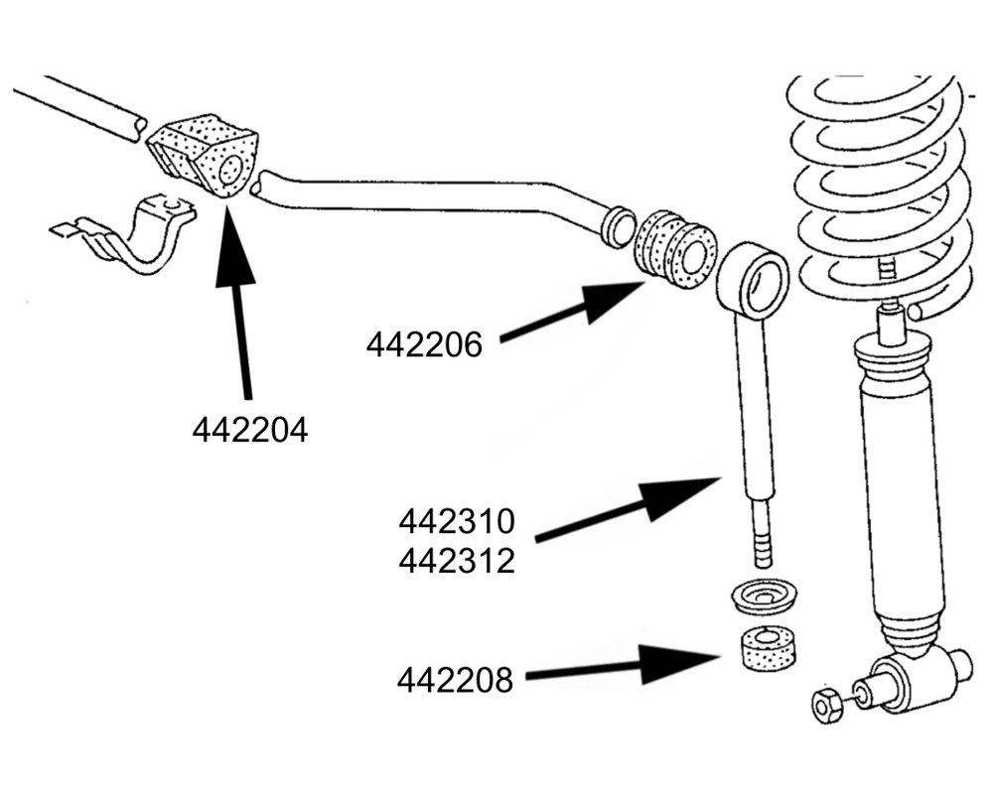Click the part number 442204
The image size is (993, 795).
[249, 431]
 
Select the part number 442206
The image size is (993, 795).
[424, 344]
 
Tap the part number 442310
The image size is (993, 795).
[457, 520]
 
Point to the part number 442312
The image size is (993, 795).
[457, 561]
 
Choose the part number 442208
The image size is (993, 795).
[455, 681]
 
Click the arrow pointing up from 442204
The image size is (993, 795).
[238, 298]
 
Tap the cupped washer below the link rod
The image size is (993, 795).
[764, 597]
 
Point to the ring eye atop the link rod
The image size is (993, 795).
[753, 278]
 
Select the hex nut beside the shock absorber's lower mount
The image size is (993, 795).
[823, 706]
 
